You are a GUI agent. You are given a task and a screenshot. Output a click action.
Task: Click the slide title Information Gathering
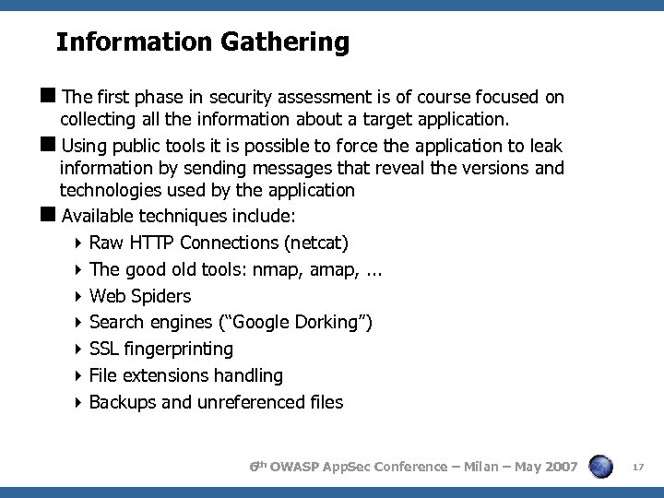click(202, 42)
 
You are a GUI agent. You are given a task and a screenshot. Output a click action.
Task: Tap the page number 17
click(637, 468)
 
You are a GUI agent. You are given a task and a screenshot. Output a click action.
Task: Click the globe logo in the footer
click(600, 468)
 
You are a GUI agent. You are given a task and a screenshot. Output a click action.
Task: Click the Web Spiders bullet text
click(140, 296)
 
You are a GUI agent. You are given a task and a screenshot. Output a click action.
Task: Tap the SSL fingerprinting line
click(161, 350)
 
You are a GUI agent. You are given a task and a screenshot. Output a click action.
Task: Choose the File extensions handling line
click(186, 376)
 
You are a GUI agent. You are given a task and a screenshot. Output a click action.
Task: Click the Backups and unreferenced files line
click(216, 403)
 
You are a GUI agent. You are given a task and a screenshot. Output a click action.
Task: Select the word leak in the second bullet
click(545, 146)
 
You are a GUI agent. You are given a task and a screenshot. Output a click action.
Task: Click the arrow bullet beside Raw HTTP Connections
click(80, 243)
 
